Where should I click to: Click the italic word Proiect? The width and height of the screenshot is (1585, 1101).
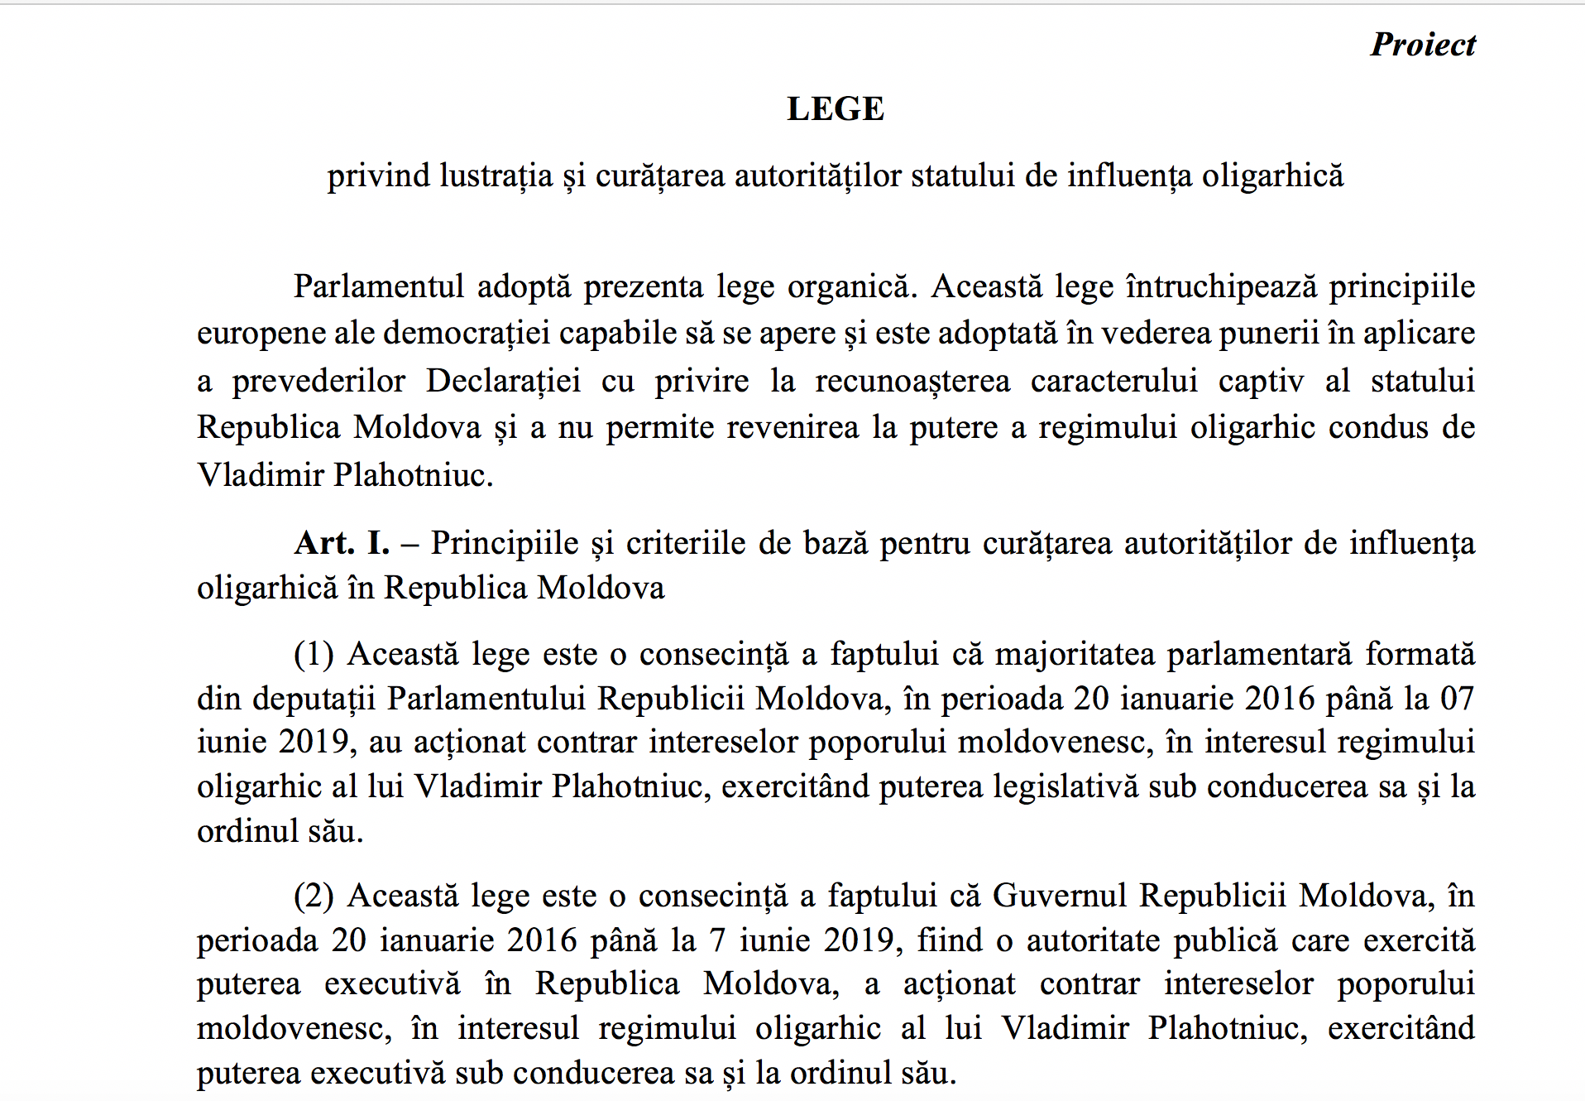click(1423, 45)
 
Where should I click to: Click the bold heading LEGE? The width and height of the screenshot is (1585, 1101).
click(836, 109)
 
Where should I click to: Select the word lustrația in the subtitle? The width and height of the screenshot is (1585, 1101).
click(496, 176)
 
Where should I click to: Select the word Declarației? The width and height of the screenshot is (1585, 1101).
click(503, 381)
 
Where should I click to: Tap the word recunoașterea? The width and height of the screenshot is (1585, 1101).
click(912, 381)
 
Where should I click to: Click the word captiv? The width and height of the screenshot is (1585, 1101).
click(1261, 381)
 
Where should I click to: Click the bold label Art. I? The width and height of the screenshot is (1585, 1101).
click(342, 543)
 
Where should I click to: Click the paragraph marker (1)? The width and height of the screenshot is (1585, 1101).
click(314, 654)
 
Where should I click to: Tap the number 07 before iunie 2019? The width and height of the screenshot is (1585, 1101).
click(1457, 699)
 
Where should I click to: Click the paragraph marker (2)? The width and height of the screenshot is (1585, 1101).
click(314, 896)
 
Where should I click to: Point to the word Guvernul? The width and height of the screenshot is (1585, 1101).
click(1060, 896)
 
